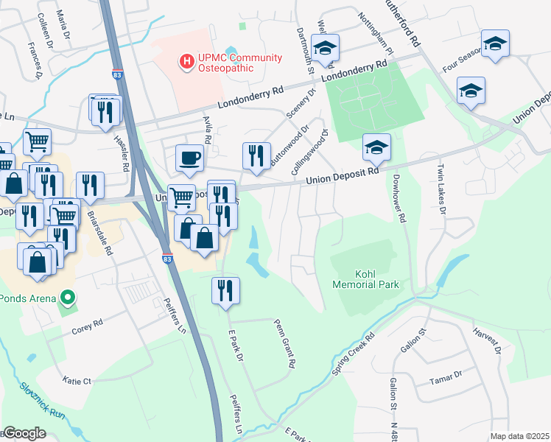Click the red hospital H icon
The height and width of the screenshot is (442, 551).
tap(187, 62)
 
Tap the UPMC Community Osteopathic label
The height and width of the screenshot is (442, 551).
tap(228, 63)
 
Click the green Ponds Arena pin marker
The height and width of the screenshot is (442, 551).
tap(69, 298)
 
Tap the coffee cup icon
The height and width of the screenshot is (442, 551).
tap(189, 158)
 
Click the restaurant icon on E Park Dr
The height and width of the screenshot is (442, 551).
tap(225, 290)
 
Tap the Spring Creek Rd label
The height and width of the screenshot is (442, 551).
tap(354, 353)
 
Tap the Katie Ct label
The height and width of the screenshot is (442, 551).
tap(77, 381)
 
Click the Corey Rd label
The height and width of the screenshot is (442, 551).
tap(87, 327)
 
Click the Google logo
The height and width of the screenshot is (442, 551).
tap(25, 433)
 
